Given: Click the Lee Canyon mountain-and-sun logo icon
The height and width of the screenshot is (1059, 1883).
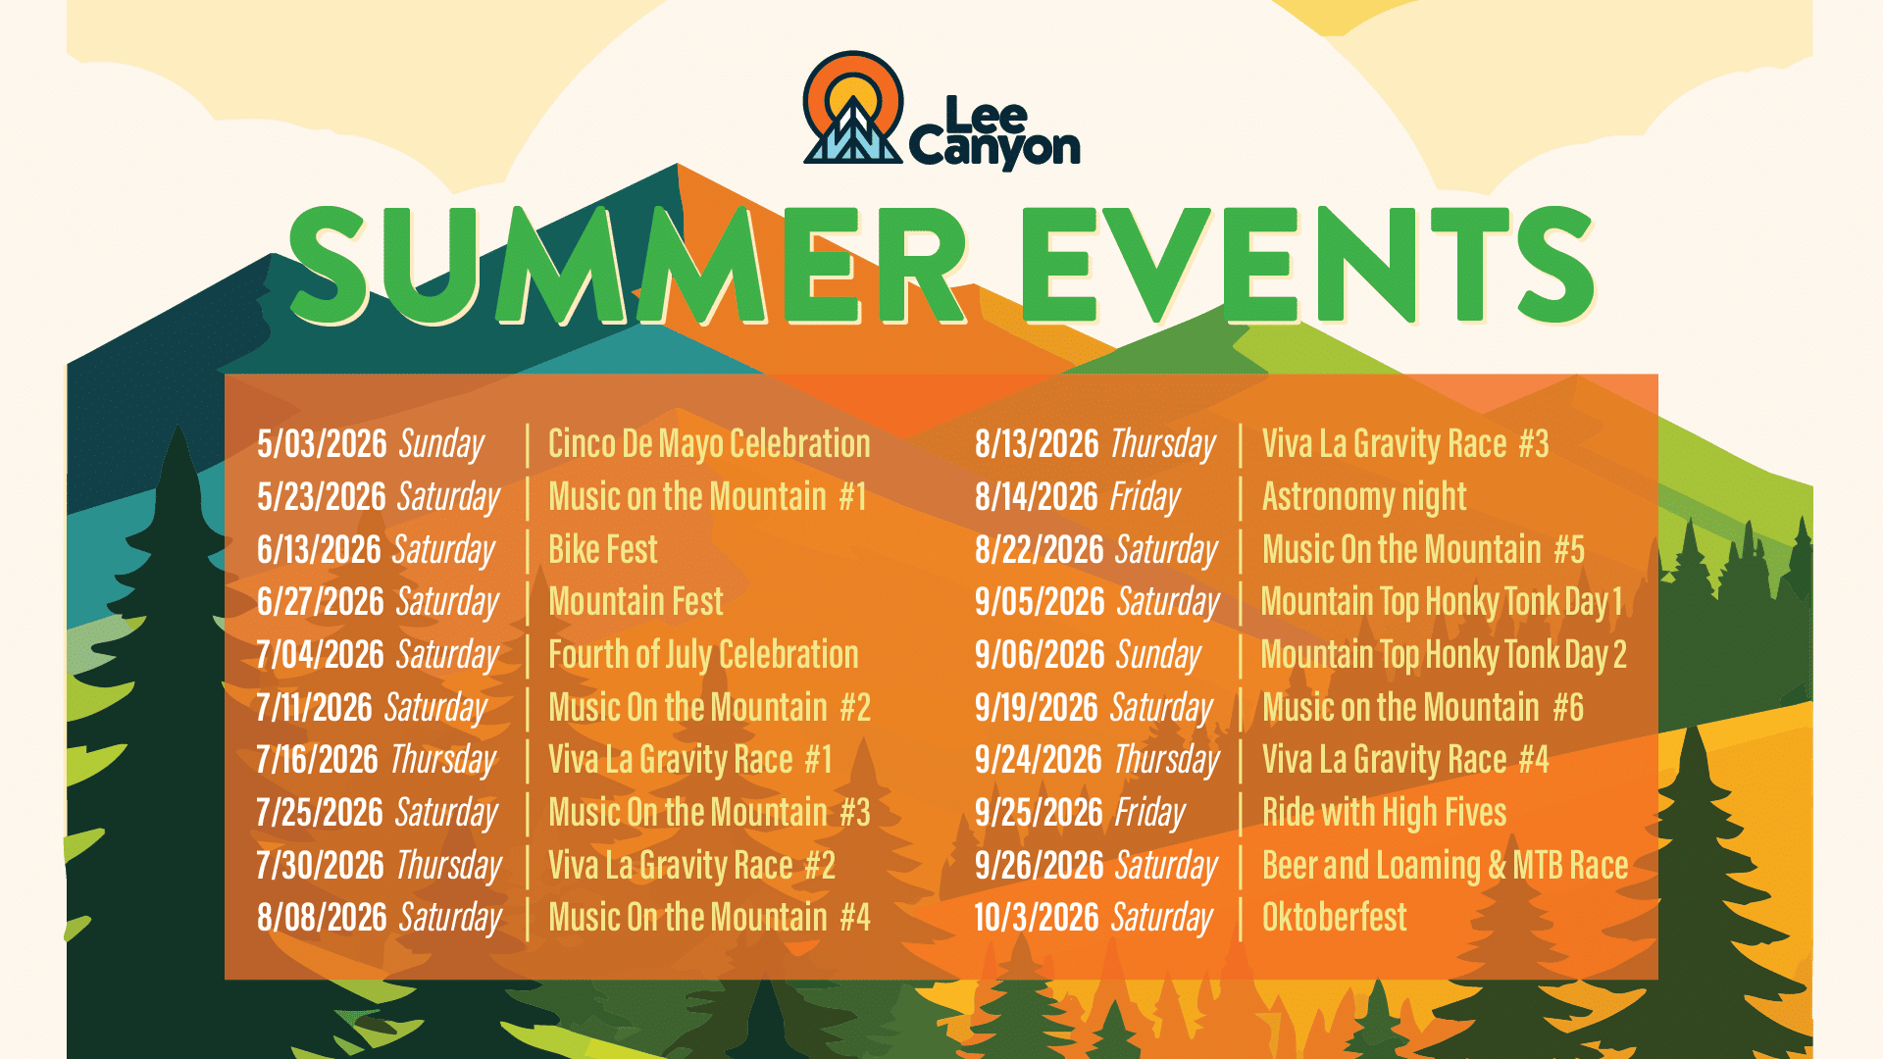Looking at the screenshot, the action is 852,107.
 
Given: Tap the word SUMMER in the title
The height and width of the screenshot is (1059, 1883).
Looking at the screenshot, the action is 629,265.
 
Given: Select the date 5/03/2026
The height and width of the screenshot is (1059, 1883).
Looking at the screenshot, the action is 322,444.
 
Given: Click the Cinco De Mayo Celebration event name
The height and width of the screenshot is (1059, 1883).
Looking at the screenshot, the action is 709,444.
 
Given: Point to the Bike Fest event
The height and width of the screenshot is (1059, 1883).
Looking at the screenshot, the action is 603,550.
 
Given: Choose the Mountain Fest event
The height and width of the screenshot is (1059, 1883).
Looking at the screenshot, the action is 636,602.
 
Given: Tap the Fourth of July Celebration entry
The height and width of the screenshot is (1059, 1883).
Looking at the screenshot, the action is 703,655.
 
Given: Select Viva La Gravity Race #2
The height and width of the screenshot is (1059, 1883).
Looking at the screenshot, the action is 691,866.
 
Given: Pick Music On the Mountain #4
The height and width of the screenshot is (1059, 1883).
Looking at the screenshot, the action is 709,918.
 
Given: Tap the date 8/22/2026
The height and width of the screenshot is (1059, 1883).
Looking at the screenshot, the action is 1040,550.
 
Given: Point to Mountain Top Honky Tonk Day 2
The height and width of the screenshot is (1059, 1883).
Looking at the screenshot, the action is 1444,655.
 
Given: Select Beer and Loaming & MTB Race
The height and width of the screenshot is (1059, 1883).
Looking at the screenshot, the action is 1445,866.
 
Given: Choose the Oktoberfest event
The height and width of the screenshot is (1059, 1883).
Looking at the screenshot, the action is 1334,918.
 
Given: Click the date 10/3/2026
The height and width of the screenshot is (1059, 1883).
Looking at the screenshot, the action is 1037,918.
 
